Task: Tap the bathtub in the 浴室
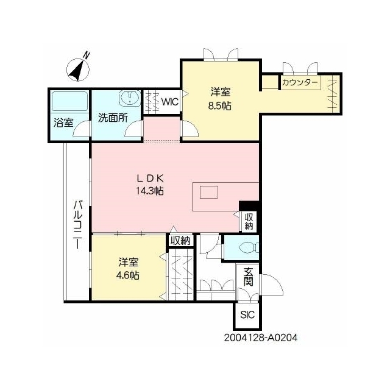(69, 102)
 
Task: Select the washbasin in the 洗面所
(130, 98)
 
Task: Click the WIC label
(170, 102)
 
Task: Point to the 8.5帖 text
(220, 106)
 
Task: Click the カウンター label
(300, 82)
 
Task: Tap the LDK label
(151, 178)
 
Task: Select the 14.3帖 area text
(150, 191)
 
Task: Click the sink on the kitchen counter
(209, 192)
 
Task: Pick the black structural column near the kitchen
(249, 206)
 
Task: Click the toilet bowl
(249, 248)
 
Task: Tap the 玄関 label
(248, 276)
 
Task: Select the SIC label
(247, 315)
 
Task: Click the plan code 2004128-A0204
(261, 338)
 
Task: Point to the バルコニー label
(78, 224)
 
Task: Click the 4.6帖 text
(128, 275)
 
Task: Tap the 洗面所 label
(113, 118)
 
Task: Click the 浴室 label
(63, 122)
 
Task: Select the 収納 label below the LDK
(180, 241)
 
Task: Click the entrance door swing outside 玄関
(271, 285)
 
